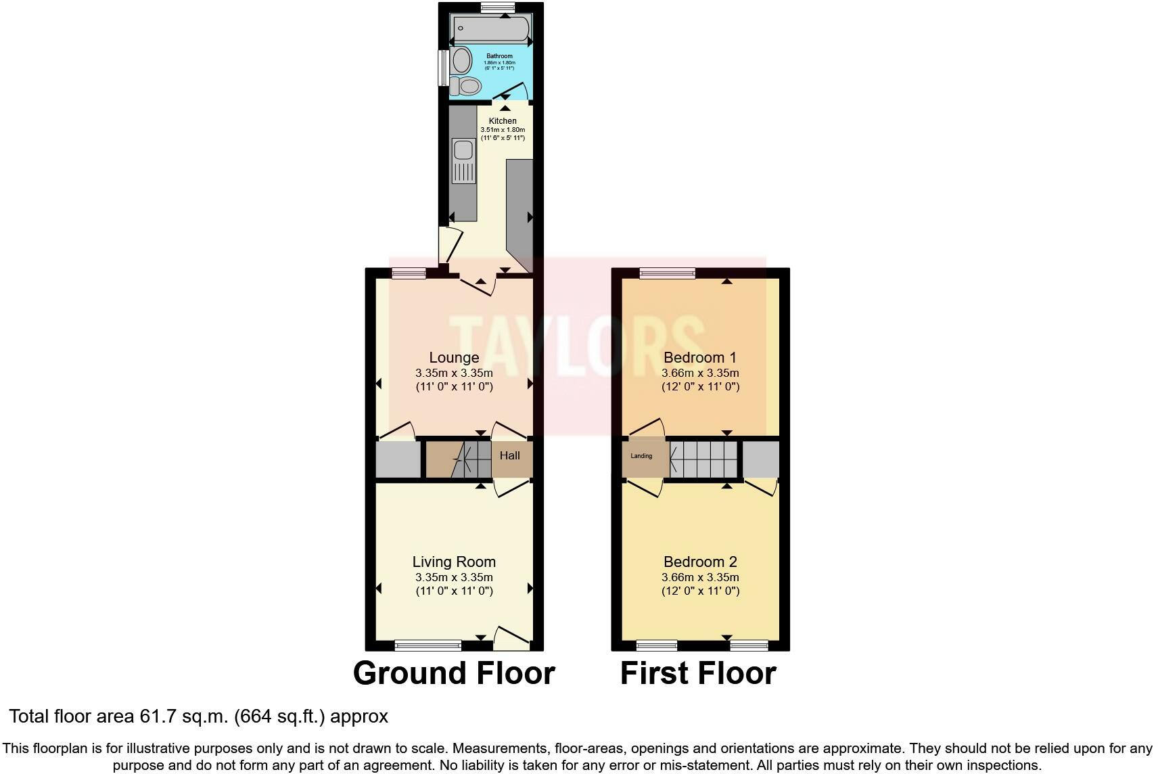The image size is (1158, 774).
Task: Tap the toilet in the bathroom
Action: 467,86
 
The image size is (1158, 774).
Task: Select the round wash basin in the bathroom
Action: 462,60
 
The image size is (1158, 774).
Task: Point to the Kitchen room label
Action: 503,121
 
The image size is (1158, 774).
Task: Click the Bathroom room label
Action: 499,56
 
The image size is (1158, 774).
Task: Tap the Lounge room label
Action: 454,357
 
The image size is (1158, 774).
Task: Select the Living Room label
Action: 454,562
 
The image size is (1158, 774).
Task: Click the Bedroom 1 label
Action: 700,357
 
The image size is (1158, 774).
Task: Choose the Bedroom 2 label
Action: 700,562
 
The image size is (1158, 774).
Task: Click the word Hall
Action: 509,455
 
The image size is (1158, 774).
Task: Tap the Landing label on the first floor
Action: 641,456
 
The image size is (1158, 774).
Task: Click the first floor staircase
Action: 703,459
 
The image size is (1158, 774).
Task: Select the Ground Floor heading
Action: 454,673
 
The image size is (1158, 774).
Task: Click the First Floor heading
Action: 698,673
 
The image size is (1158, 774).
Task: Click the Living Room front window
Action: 428,645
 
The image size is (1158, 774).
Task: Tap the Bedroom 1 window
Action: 668,273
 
